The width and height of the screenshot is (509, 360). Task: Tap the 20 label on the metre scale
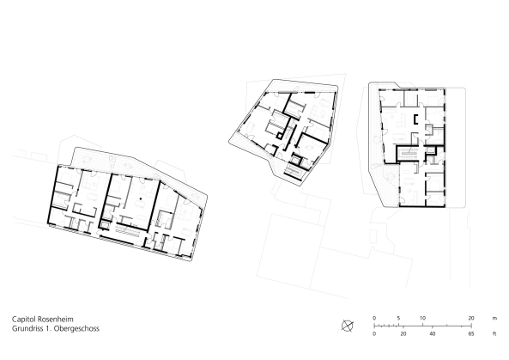(x=471, y=317)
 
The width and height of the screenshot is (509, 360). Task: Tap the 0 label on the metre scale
(x=373, y=317)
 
